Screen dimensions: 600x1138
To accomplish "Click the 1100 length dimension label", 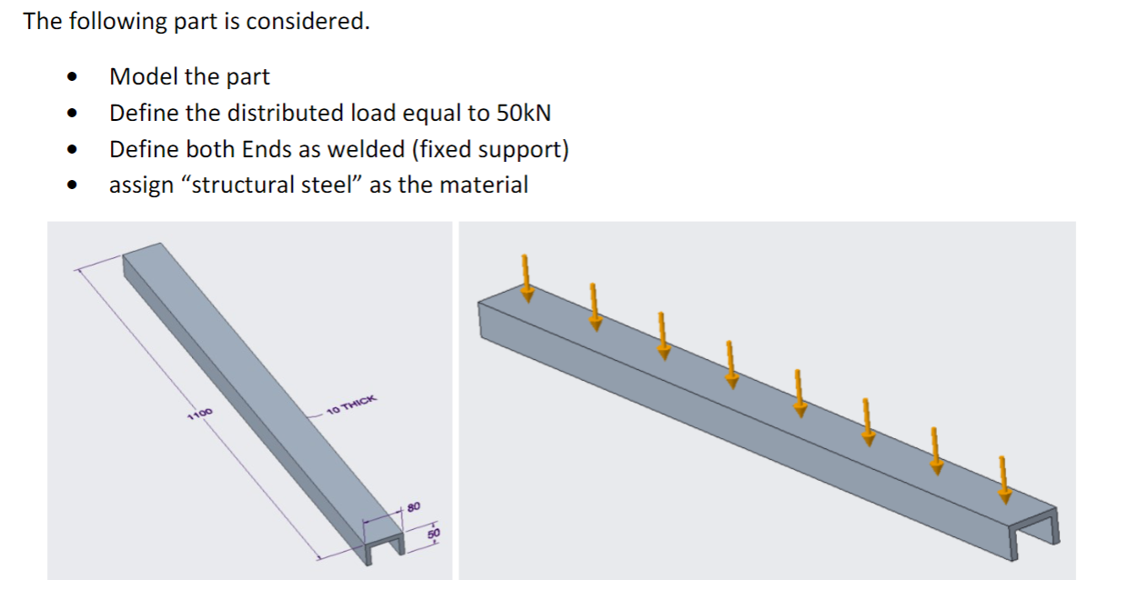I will tap(199, 415).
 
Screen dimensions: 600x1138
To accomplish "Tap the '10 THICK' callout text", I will tap(350, 406).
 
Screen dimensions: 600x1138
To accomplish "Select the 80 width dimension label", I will tap(412, 505).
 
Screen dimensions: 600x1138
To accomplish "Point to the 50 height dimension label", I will tap(434, 533).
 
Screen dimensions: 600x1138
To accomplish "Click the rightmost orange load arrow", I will tap(1003, 478).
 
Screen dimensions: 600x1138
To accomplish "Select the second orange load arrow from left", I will tap(595, 306).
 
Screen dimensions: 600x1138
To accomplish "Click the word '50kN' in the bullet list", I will tap(523, 114).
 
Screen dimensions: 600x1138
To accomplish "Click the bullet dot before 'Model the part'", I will tap(70, 79).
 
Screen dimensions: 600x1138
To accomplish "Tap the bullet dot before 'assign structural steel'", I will tap(70, 186).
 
